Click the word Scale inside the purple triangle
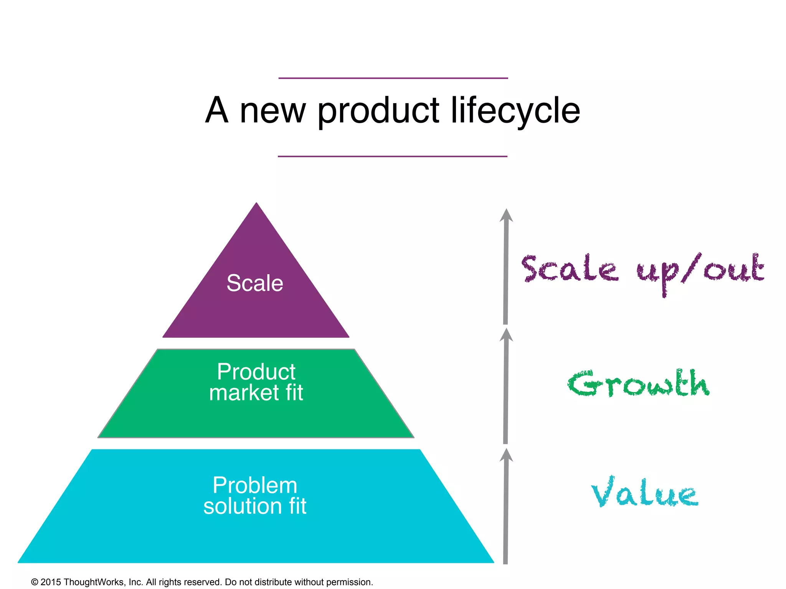(x=255, y=283)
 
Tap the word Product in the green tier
(x=256, y=372)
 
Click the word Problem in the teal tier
(x=255, y=485)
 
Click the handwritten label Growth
(x=639, y=384)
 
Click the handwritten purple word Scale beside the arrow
(x=570, y=268)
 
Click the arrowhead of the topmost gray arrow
(x=506, y=215)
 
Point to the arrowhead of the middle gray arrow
(x=506, y=335)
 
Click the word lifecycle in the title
(x=515, y=110)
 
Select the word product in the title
(x=378, y=111)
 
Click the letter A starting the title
(x=217, y=110)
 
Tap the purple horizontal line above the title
(x=393, y=78)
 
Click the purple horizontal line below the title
(x=393, y=156)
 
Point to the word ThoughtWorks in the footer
(x=94, y=582)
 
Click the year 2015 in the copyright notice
(x=51, y=582)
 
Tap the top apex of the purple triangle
(x=256, y=204)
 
